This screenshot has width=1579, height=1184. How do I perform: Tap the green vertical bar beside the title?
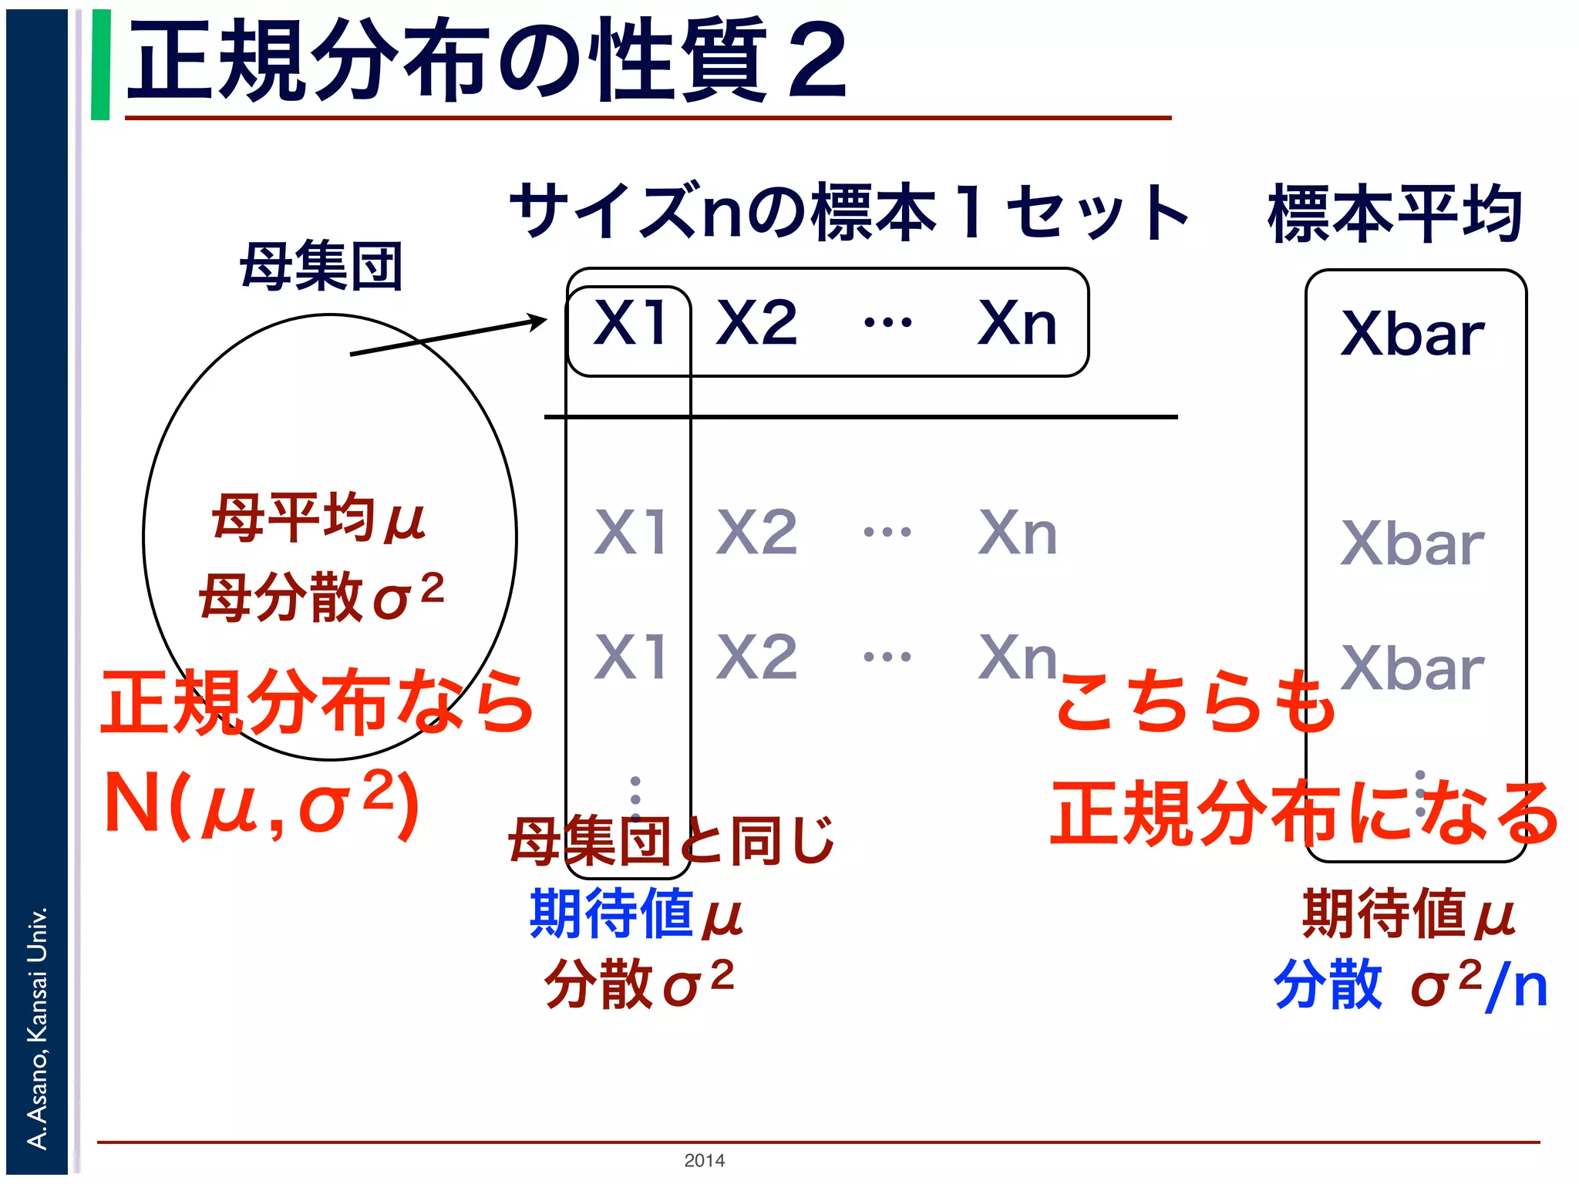(100, 65)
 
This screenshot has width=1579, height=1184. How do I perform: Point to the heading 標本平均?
(1395, 214)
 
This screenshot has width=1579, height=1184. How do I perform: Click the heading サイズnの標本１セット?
(848, 212)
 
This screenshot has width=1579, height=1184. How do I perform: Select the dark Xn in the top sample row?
(1017, 323)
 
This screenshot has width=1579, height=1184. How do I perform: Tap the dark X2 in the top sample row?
(756, 323)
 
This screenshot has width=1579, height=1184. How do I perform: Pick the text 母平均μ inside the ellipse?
(318, 518)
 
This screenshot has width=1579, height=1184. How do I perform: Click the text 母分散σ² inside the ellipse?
(322, 595)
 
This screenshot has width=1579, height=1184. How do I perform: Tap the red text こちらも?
(1195, 701)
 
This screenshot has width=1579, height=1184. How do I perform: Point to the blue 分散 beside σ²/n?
(1328, 984)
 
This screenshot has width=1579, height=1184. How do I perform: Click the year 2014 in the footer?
(704, 1160)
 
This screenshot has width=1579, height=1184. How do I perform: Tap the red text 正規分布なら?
(316, 701)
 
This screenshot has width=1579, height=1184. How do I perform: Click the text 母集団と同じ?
(671, 840)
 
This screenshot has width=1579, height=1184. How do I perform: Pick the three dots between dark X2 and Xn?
(887, 322)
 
